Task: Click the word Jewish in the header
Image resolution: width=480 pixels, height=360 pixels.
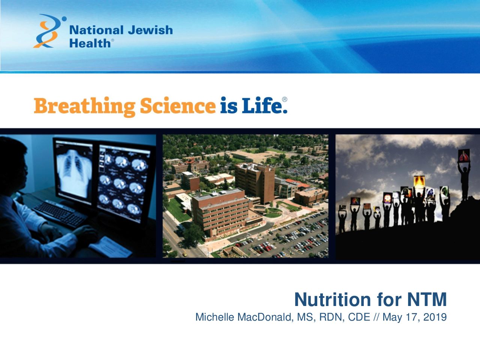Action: click(x=150, y=30)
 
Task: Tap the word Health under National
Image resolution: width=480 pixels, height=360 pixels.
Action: click(x=90, y=43)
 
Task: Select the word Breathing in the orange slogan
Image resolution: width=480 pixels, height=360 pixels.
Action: click(x=85, y=106)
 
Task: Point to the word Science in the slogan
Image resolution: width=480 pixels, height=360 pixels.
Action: click(x=178, y=105)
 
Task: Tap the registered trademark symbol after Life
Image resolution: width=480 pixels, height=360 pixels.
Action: click(x=285, y=99)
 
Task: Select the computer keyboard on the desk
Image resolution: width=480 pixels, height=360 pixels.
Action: click(x=60, y=214)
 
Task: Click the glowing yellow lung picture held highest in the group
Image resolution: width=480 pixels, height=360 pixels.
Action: click(x=419, y=182)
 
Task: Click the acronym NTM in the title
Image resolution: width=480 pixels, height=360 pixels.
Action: click(x=427, y=300)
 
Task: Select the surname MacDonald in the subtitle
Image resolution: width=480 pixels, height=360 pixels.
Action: click(x=265, y=317)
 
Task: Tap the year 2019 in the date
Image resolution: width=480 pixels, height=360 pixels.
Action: click(x=435, y=317)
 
